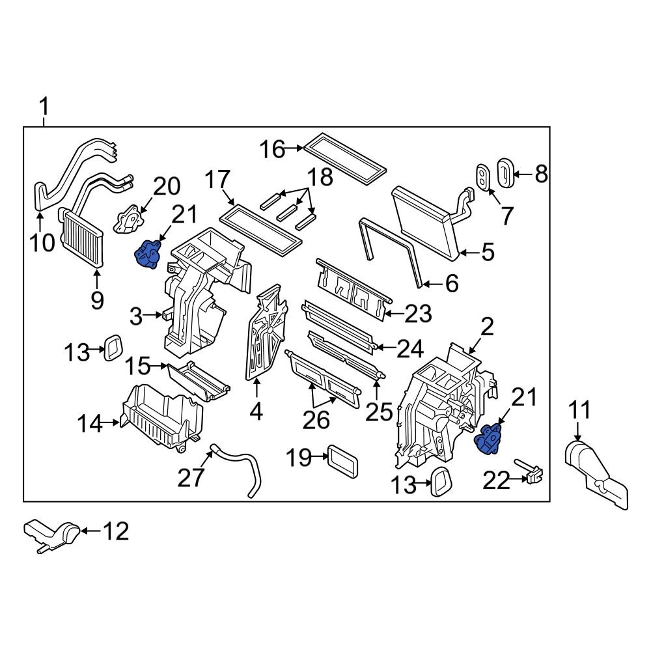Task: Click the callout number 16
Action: (x=273, y=150)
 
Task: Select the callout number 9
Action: (x=96, y=300)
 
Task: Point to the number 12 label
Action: (x=117, y=532)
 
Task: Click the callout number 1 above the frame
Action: (x=44, y=105)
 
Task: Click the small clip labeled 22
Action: (x=532, y=473)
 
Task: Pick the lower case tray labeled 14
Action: (x=163, y=416)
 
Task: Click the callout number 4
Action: (x=256, y=411)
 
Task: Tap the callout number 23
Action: (x=417, y=314)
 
